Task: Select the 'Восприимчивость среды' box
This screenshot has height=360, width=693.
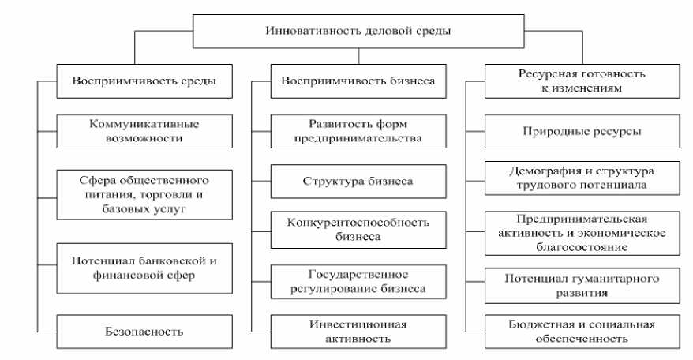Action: [144, 81]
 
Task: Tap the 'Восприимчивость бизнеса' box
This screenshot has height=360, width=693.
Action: [358, 81]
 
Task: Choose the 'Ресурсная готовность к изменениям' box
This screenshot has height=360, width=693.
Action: [571, 81]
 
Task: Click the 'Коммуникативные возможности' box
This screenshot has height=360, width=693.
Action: [144, 131]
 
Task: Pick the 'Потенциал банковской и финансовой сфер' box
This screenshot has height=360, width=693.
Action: [144, 268]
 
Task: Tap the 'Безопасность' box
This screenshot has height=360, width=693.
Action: [144, 332]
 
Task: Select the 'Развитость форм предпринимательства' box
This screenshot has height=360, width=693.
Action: [358, 131]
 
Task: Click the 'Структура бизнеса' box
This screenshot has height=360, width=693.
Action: [358, 181]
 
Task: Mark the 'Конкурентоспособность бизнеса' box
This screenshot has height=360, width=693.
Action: [358, 229]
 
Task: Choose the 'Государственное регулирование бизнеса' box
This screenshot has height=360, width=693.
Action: [358, 280]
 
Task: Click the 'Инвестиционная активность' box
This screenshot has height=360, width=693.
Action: [358, 332]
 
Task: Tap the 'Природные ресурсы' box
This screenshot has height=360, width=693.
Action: [571, 131]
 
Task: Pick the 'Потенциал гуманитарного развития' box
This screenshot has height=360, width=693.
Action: [571, 285]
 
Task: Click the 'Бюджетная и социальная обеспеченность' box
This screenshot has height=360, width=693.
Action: [571, 332]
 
